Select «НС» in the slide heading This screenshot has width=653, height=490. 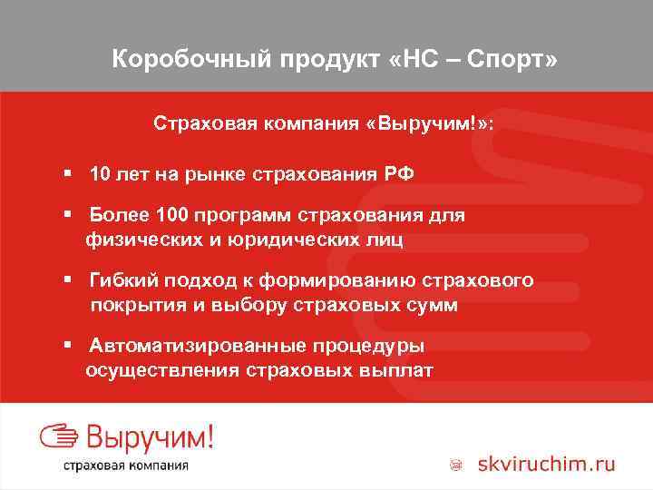(416, 60)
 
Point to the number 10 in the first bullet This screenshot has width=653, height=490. (100, 173)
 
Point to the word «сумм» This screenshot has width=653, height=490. (431, 305)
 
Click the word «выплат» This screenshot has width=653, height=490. (390, 370)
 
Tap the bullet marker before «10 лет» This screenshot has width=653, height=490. (68, 173)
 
